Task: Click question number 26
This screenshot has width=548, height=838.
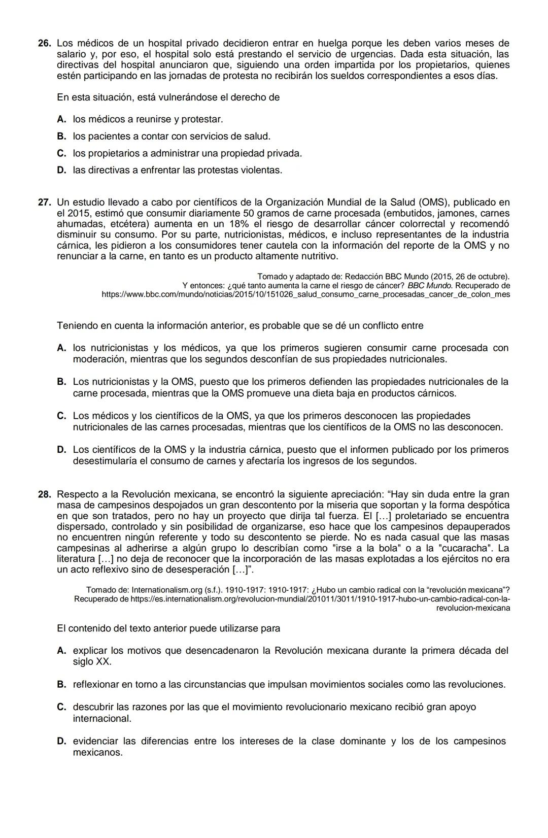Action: point(44,44)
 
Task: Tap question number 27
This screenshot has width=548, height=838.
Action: point(44,203)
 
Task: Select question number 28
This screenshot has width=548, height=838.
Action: point(44,494)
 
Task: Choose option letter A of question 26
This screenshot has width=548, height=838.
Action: point(61,120)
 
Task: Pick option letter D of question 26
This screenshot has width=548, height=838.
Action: point(61,171)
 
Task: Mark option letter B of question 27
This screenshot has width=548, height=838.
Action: point(61,382)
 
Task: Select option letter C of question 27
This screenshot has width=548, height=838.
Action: point(61,416)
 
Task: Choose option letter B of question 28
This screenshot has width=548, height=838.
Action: point(61,685)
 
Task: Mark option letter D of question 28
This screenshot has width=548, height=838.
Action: point(61,742)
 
